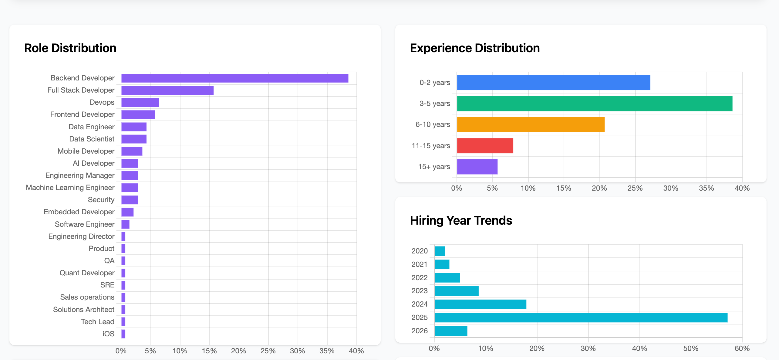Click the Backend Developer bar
234,78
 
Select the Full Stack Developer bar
167,90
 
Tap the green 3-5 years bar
594,104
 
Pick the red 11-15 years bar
485,146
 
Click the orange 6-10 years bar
530,124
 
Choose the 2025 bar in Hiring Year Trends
581,318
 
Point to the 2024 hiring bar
480,304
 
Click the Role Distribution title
70,48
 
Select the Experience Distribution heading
474,48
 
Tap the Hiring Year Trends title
460,220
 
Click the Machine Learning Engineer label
70,188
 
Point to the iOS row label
108,334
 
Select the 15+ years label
434,167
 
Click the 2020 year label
419,251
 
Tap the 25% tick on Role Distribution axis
268,351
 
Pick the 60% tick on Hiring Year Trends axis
742,348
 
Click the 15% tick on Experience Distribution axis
563,188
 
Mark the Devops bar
140,102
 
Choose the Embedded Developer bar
127,212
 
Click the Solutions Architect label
84,309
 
